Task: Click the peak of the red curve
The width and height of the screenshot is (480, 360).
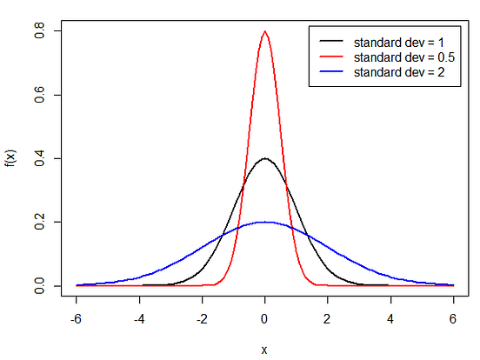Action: tap(264, 32)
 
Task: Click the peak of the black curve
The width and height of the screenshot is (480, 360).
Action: tap(264, 159)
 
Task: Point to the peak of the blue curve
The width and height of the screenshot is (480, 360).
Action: tap(264, 222)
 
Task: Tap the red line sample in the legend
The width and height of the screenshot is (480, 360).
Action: tap(332, 57)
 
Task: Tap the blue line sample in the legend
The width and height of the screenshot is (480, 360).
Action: tap(332, 72)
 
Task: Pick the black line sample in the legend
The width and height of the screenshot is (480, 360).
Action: tap(332, 41)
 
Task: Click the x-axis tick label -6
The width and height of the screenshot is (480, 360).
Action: tap(76, 318)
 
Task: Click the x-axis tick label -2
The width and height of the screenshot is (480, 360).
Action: tap(201, 318)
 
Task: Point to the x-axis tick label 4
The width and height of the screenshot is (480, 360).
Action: tap(390, 318)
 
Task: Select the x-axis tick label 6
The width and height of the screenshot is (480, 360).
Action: tap(453, 318)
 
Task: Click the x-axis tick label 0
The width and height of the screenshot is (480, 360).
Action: tap(264, 318)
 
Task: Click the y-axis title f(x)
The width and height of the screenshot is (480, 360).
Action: tap(11, 158)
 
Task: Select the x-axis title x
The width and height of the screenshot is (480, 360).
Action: tap(264, 349)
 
